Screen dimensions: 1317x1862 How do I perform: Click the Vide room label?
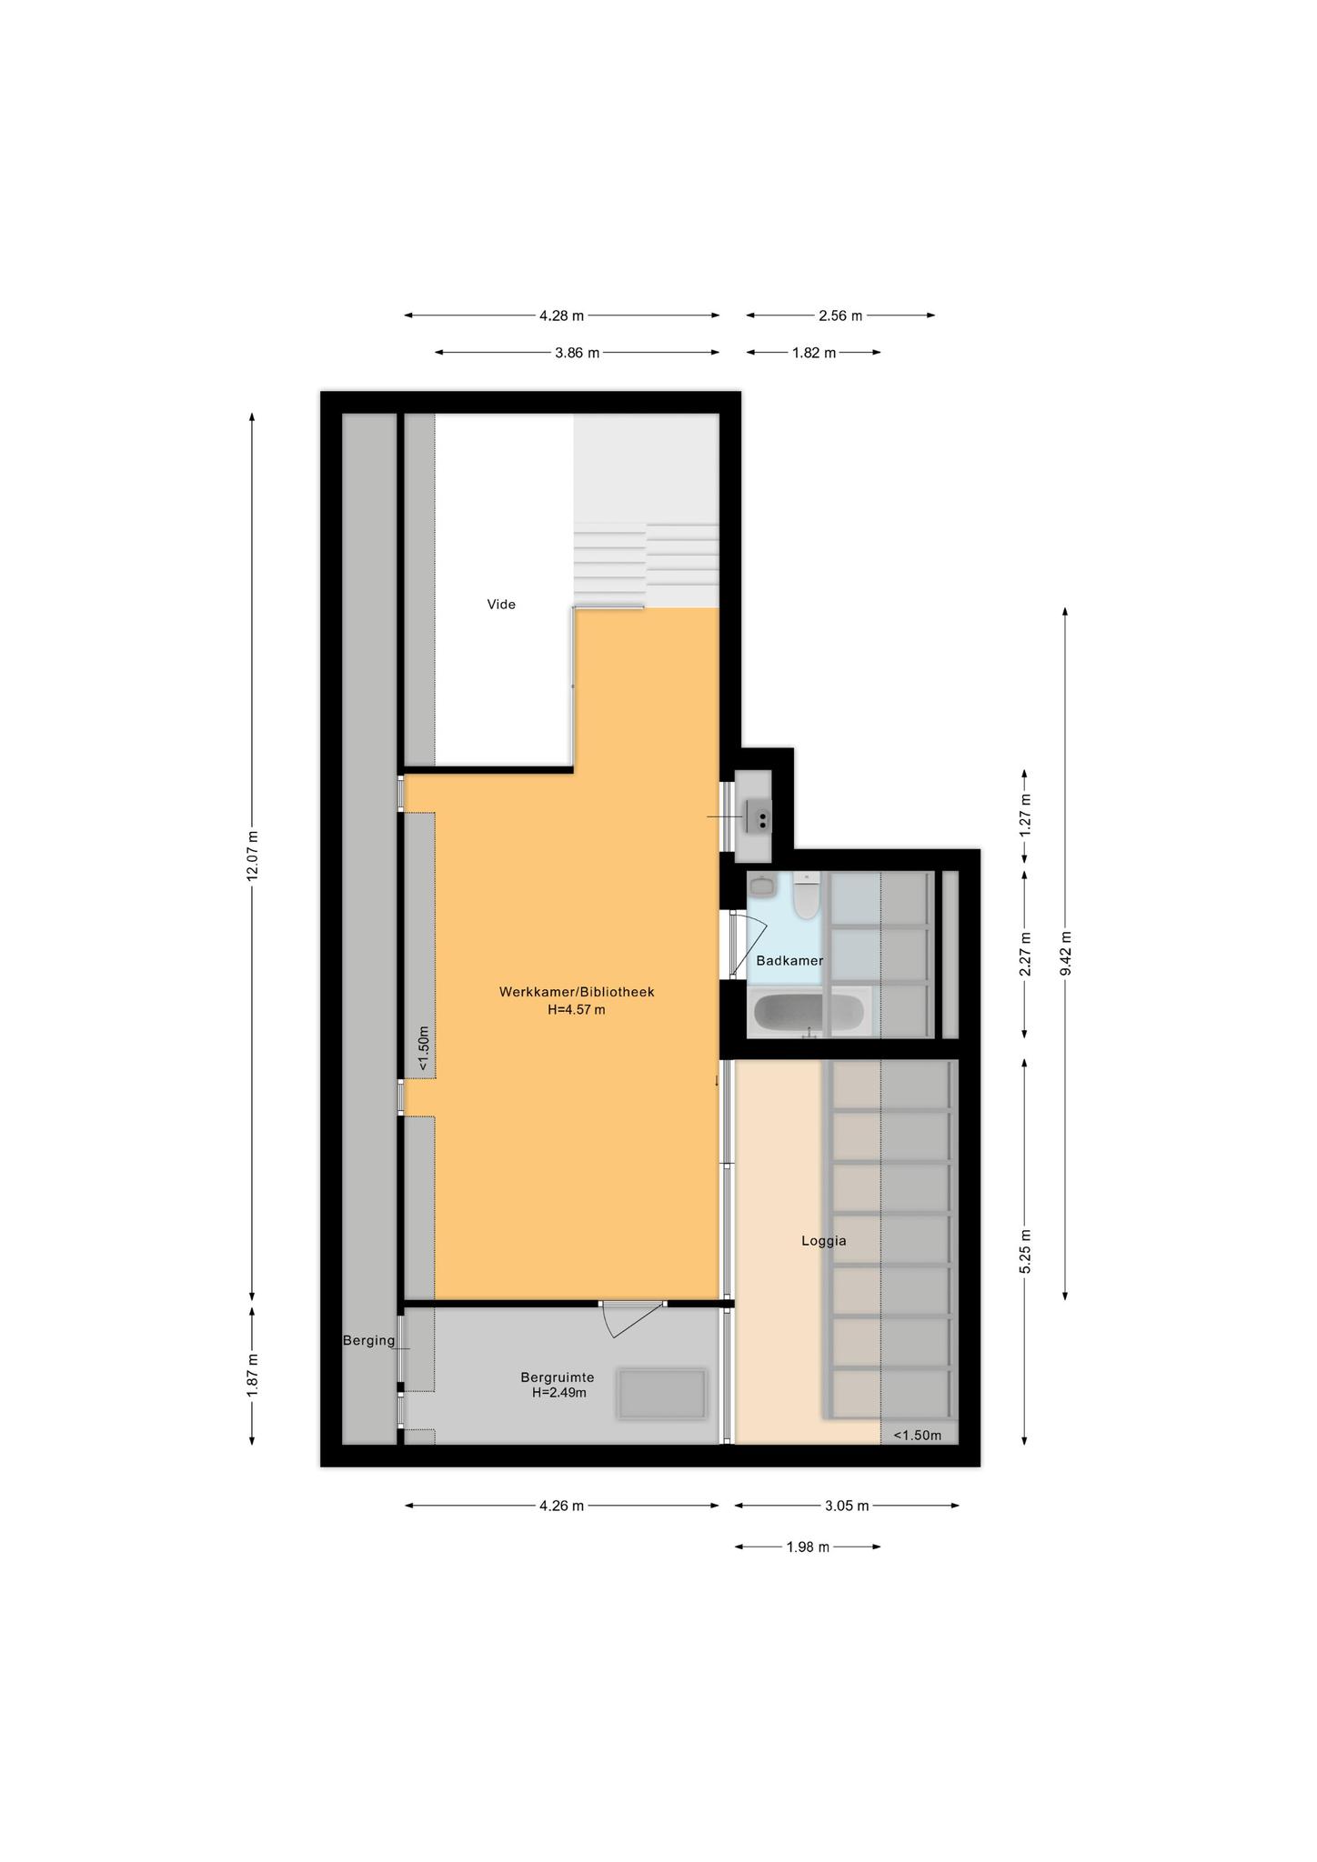(x=501, y=604)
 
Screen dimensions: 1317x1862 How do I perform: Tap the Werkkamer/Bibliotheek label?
(x=577, y=992)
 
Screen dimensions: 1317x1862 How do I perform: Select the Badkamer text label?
(x=789, y=960)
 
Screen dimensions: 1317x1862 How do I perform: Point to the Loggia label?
(x=824, y=1240)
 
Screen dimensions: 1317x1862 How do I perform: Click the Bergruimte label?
(x=557, y=1377)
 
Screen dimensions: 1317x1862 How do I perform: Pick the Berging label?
(x=369, y=1340)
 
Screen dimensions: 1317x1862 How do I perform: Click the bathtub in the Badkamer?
(x=809, y=1013)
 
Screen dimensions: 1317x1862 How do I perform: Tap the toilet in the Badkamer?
(x=806, y=896)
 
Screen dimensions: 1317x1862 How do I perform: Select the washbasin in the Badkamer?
(x=762, y=884)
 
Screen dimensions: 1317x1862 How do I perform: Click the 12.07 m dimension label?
(x=253, y=855)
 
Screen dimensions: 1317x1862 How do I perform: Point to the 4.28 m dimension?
(x=561, y=315)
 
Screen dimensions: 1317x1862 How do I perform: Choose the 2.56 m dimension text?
(x=840, y=315)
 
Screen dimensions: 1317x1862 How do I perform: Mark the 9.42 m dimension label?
(x=1066, y=953)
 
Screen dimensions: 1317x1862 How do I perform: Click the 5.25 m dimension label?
(x=1026, y=1252)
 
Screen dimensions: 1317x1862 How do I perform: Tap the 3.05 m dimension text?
(x=847, y=1506)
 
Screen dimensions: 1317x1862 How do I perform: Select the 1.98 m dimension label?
(x=808, y=1547)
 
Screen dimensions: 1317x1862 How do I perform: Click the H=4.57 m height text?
(x=577, y=1009)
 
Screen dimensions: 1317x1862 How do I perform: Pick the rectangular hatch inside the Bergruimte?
(x=661, y=1394)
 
